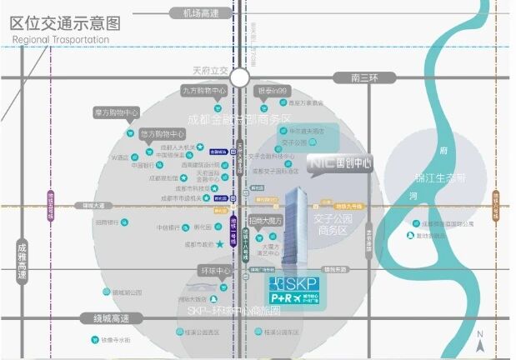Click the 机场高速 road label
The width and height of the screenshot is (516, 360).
coord(193,13)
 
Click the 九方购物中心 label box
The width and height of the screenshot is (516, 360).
coord(204,91)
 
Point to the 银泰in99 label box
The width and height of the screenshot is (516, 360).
coord(272,91)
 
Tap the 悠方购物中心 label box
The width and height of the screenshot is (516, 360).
coord(161,133)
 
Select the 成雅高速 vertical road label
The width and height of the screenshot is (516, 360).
coord(22,259)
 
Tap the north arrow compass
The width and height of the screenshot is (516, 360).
coord(481,342)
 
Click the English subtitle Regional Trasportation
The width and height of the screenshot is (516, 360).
coord(61,39)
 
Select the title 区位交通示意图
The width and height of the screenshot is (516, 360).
coord(65,22)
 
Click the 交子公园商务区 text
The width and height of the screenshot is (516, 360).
coord(330,224)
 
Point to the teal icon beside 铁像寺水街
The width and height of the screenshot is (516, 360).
coord(98,341)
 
